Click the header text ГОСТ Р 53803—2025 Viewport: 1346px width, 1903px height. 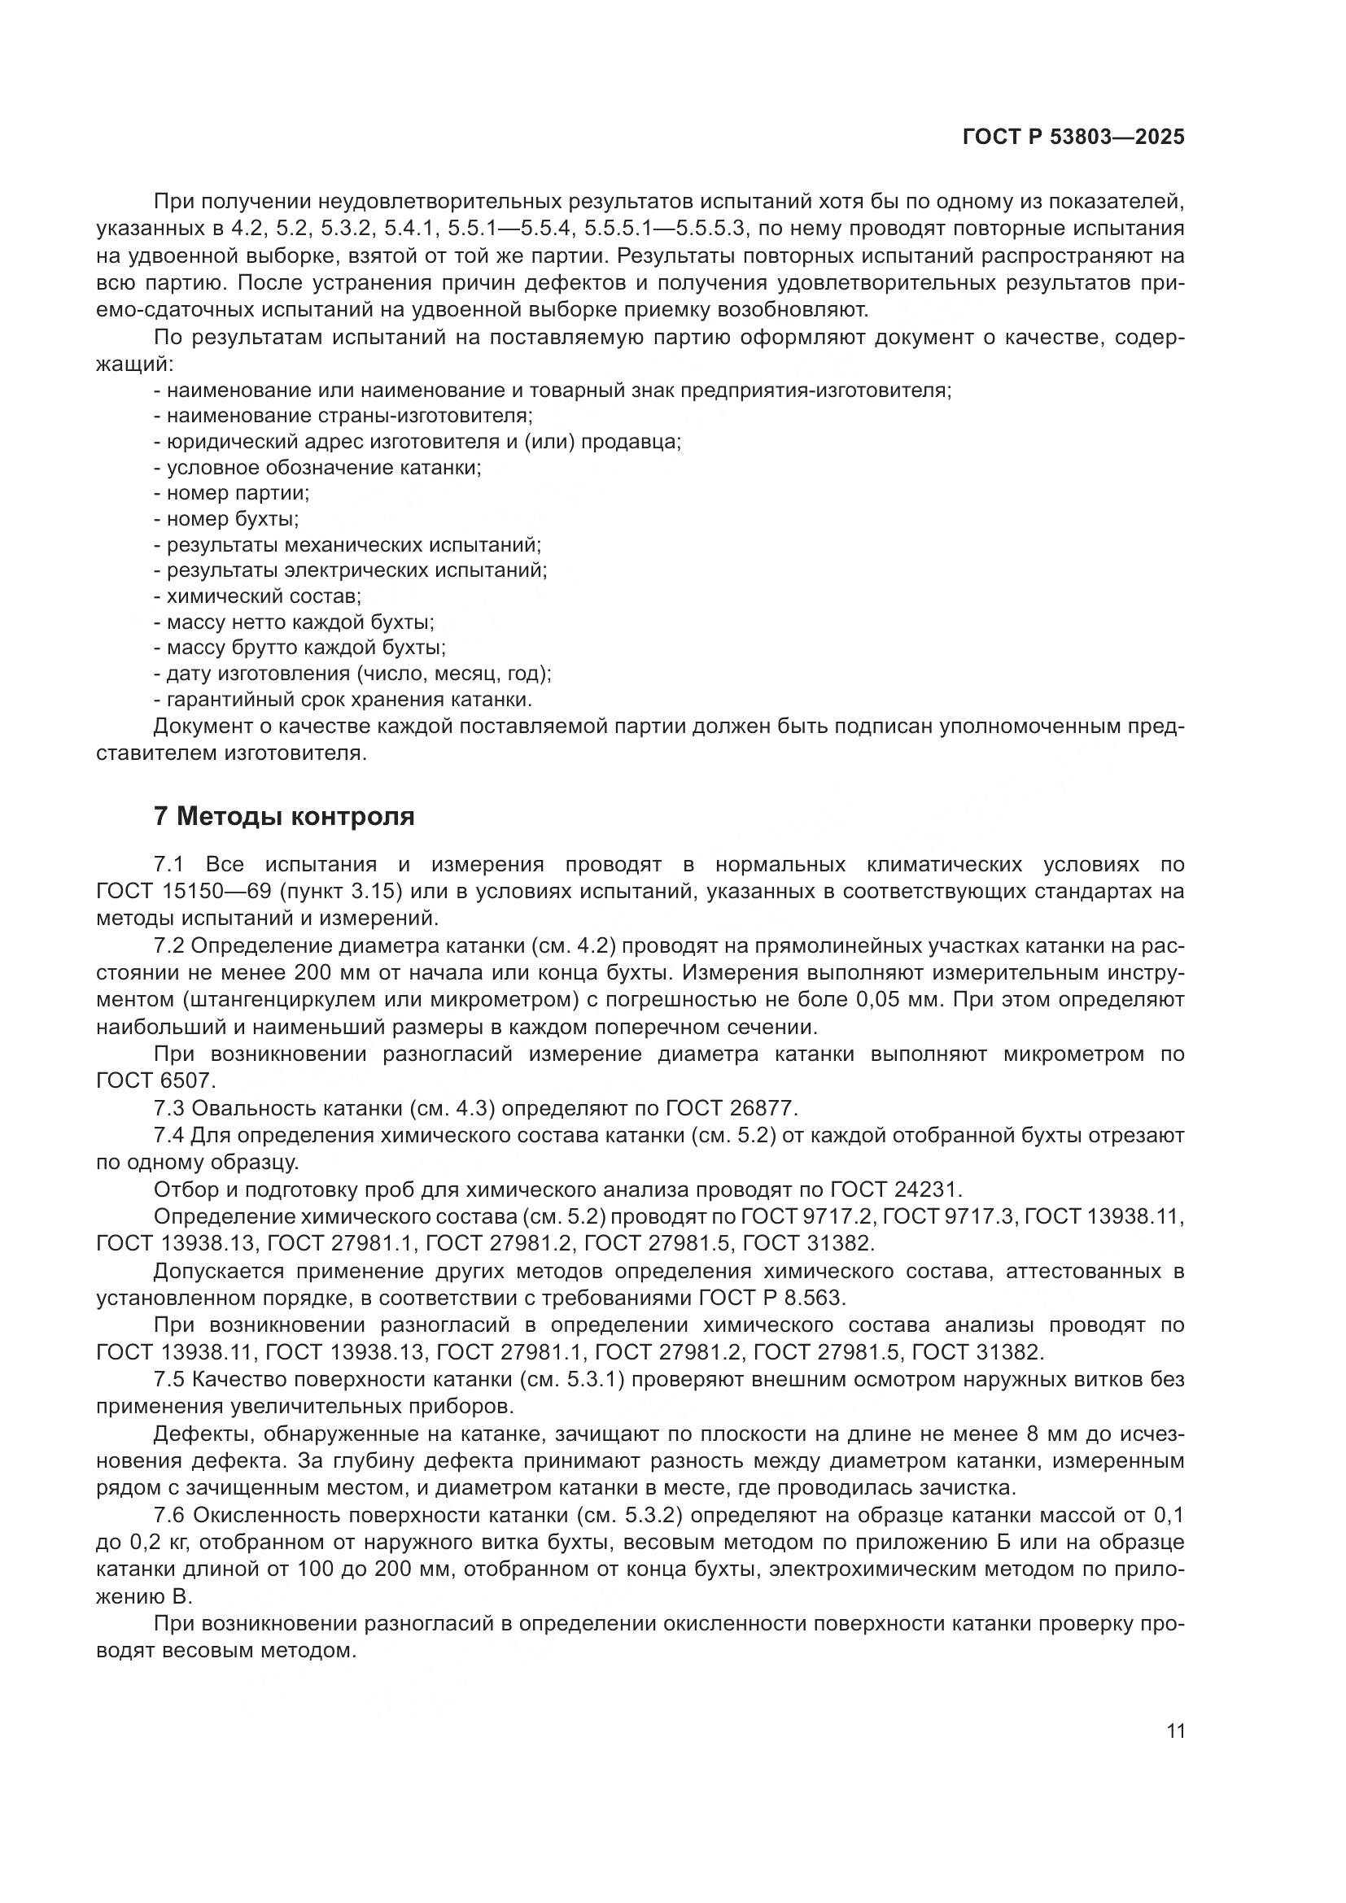pos(1073,137)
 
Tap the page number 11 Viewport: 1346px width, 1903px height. pos(1175,1731)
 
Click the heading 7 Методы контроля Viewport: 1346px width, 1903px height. pos(284,816)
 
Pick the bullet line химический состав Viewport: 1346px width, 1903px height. pos(258,596)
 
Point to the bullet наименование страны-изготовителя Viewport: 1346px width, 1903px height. pos(344,415)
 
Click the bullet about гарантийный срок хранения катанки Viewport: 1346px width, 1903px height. pos(343,699)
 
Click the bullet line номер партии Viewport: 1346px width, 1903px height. pos(231,493)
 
